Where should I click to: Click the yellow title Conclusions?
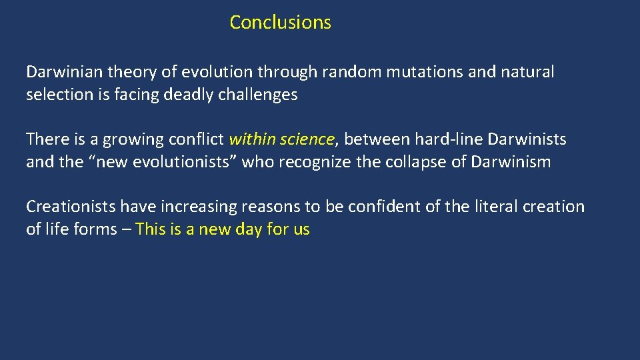pyautogui.click(x=280, y=22)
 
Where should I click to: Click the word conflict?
pyautogui.click(x=197, y=139)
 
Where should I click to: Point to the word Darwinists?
pyautogui.click(x=527, y=139)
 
